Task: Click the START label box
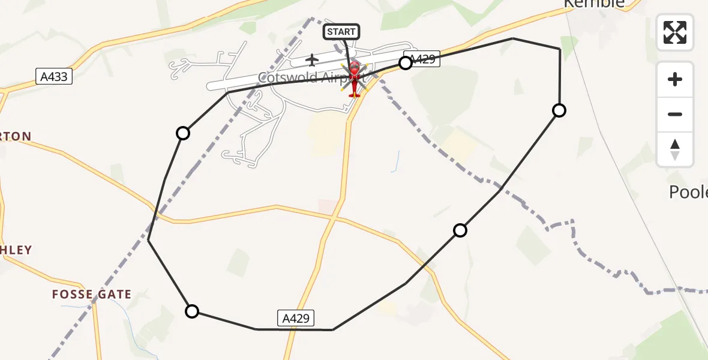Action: tap(341, 31)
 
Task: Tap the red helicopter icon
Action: tap(355, 79)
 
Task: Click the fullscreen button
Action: tap(675, 32)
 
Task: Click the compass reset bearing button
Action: tap(675, 149)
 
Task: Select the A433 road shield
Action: tap(54, 76)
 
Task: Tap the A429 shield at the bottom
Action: tap(296, 319)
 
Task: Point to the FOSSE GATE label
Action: tap(92, 294)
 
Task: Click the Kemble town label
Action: tap(594, 4)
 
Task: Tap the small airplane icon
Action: tap(312, 60)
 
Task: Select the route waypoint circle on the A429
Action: tap(406, 62)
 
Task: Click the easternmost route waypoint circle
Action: tap(559, 110)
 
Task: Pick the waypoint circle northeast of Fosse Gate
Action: tap(192, 311)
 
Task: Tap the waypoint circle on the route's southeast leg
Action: tap(460, 230)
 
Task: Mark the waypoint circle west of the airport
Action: tap(183, 133)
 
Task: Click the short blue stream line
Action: tap(397, 161)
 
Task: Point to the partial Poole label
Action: tap(689, 192)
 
